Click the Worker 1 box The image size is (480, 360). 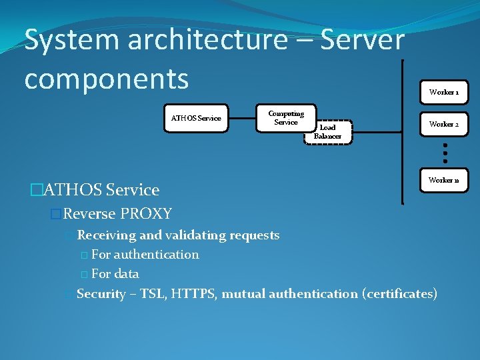pos(443,92)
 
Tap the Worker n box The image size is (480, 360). pos(443,181)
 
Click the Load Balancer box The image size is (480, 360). pos(328,132)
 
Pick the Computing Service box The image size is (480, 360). pos(286,118)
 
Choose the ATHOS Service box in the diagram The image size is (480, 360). pos(196,118)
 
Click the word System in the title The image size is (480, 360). pos(71,40)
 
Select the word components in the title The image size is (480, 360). pos(107,78)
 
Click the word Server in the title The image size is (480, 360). pos(363,40)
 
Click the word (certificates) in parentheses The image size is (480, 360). pos(399,293)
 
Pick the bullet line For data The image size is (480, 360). pos(115,273)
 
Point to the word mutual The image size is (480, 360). pos(243,293)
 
